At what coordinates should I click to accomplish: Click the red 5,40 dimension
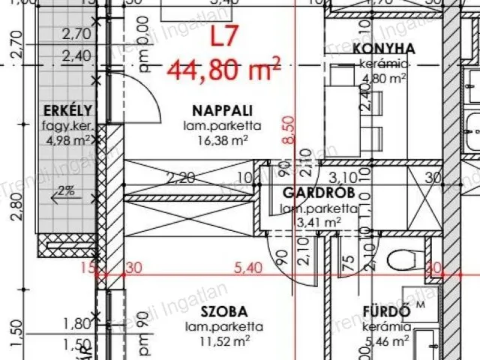(x=250, y=268)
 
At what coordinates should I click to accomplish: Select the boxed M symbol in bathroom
(x=420, y=305)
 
